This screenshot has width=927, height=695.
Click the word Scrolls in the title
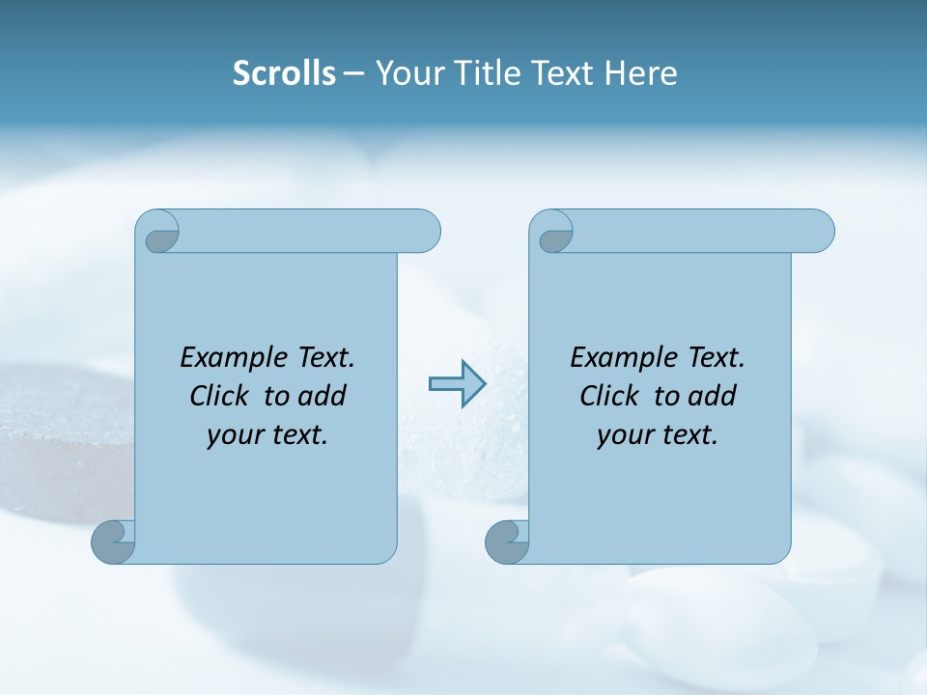pos(284,73)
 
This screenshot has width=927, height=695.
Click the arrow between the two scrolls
pos(458,384)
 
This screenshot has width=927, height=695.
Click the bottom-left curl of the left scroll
pos(113,542)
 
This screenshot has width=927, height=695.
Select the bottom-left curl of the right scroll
pos(507,542)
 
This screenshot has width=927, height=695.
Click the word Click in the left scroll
pos(219,396)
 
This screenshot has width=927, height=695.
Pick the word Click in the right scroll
pos(609,396)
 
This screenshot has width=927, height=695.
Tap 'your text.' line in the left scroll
pos(267,434)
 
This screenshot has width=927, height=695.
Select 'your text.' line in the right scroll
pos(658,434)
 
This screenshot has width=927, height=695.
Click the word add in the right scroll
pos(713,396)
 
